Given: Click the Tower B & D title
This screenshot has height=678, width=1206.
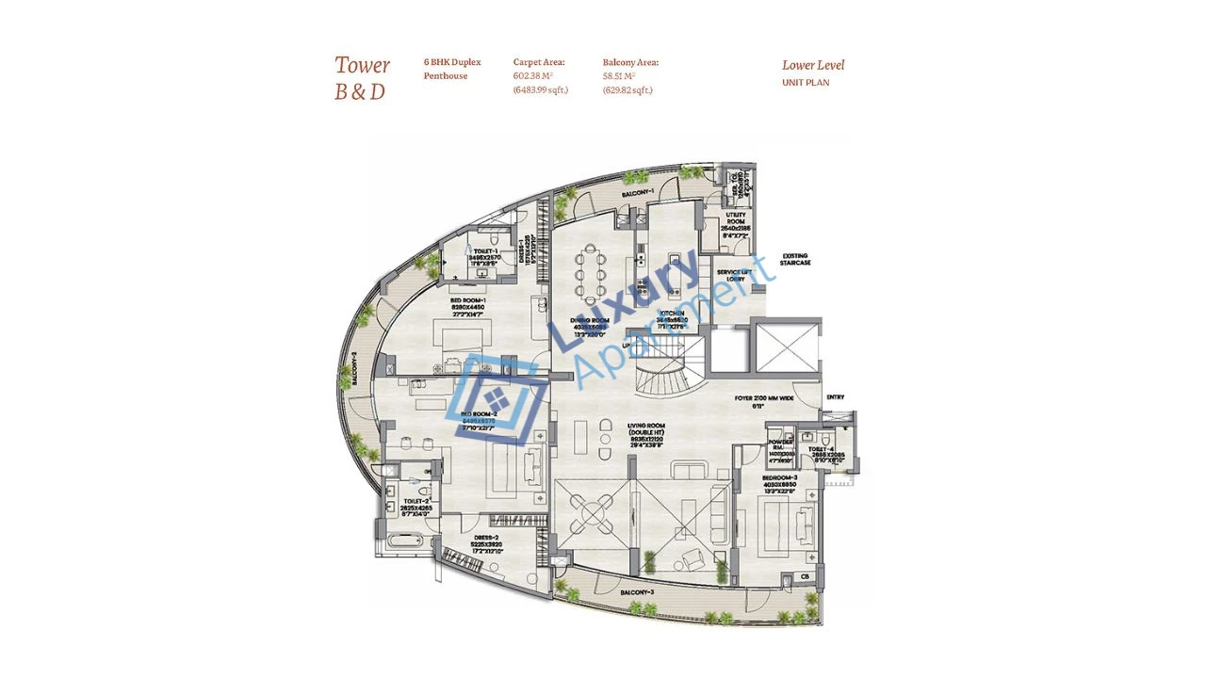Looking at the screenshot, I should [362, 78].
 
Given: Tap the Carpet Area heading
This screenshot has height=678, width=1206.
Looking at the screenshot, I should [538, 62].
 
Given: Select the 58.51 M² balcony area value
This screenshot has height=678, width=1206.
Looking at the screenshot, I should [618, 76].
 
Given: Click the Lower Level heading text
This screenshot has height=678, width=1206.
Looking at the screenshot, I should [812, 65].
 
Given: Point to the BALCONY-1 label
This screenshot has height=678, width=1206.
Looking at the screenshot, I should [638, 193].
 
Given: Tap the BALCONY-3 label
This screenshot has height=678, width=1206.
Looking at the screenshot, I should [638, 592].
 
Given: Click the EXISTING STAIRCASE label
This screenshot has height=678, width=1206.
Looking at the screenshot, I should [794, 260].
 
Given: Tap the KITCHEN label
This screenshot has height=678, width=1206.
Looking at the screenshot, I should [672, 313].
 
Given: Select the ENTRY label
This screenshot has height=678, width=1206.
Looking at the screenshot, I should [836, 397].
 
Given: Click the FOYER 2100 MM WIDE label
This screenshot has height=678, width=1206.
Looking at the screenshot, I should [764, 398].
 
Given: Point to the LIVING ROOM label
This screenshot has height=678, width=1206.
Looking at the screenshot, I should [647, 426].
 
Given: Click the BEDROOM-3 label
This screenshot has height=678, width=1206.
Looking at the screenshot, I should [780, 478].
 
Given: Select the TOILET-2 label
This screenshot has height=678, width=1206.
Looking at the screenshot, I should [415, 502].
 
